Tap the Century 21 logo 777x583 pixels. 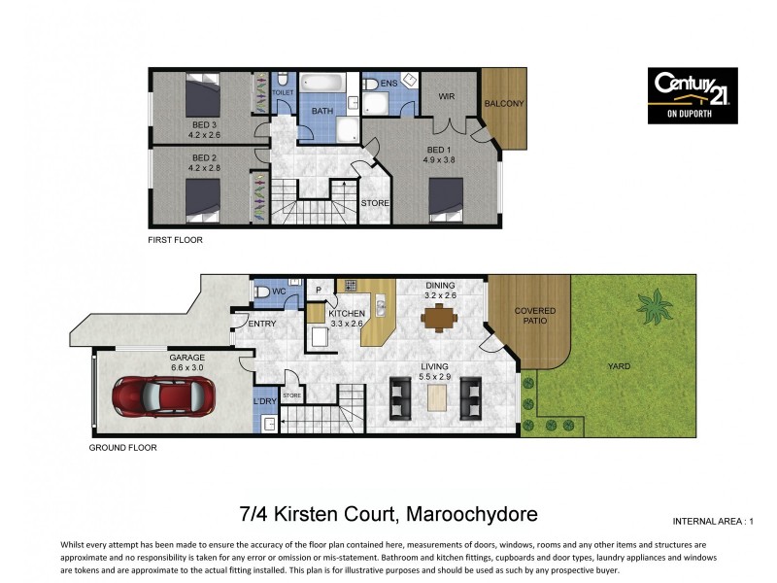693,95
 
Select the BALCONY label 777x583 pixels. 503,104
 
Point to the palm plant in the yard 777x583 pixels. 653,307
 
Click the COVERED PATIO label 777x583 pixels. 534,317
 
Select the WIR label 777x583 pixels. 447,97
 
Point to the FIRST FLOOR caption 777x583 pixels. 175,240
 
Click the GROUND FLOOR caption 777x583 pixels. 122,448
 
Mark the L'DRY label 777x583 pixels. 264,401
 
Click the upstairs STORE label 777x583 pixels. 374,203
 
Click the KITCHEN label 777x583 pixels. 347,314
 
